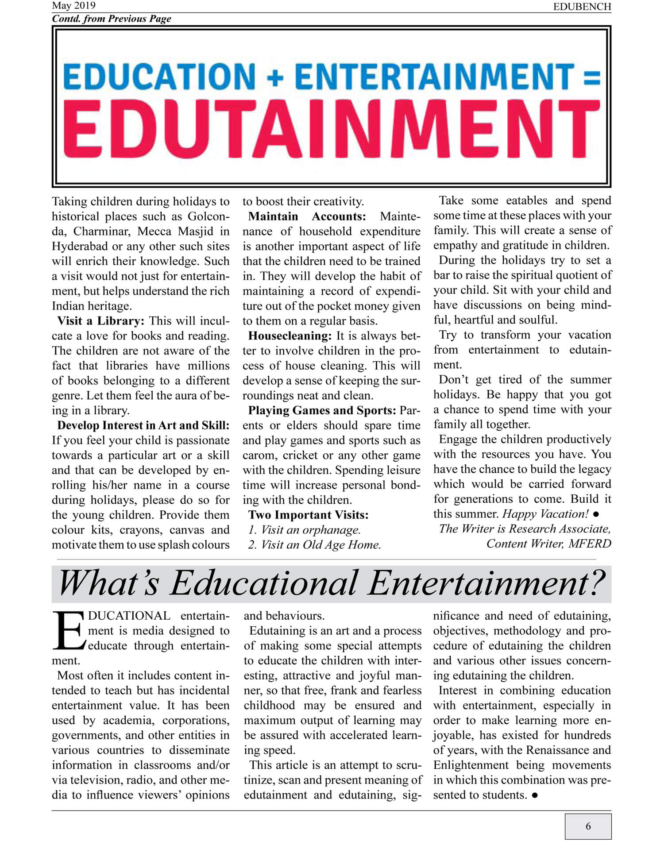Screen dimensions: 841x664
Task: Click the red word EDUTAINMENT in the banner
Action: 331,130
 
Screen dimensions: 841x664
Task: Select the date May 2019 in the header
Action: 73,6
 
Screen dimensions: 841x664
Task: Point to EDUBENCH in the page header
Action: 582,7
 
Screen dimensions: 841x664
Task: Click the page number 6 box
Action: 588,826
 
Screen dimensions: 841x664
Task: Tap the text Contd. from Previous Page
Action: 112,19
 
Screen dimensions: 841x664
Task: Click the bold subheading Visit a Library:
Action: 100,321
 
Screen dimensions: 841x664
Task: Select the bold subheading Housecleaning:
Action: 290,336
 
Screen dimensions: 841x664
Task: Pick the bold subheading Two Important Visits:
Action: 308,515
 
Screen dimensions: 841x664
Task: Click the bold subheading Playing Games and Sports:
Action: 322,410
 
